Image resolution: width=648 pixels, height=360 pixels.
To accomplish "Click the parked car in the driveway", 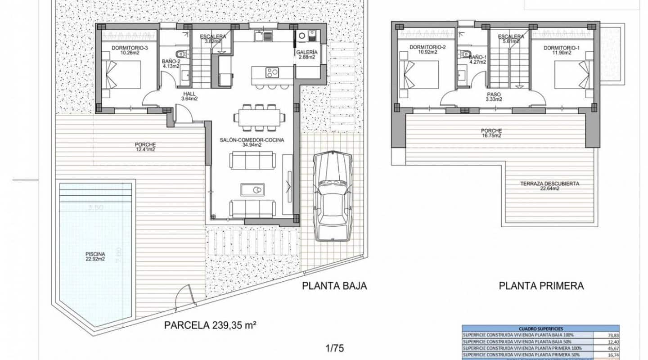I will click(x=333, y=196).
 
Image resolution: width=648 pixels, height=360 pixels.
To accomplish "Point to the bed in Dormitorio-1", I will click(x=571, y=74).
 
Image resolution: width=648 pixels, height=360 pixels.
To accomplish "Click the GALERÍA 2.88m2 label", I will click(x=307, y=54).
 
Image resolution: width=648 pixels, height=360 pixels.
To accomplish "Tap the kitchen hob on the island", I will click(x=271, y=72).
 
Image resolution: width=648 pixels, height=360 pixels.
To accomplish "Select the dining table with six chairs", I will click(x=259, y=117).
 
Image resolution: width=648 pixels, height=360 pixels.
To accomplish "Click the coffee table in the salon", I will click(x=252, y=189).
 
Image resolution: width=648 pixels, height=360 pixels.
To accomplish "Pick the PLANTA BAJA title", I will click(x=334, y=286).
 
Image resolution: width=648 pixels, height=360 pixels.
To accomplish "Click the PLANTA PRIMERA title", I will click(x=541, y=286).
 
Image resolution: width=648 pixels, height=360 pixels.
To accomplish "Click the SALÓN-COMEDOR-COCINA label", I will click(x=252, y=142).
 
